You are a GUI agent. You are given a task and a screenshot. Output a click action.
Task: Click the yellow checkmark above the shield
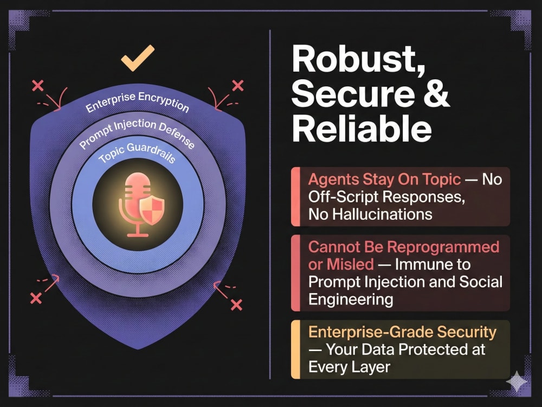(x=137, y=58)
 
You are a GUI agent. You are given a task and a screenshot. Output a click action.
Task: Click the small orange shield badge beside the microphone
(x=152, y=210)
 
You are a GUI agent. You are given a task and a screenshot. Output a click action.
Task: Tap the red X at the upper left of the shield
(x=38, y=86)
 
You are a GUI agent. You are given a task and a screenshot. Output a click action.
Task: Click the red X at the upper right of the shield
(x=238, y=86)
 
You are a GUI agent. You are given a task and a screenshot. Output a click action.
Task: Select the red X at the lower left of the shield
(x=36, y=298)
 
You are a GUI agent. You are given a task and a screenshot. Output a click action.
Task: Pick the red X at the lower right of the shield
(x=236, y=304)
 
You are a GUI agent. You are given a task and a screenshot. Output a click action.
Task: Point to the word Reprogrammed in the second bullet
(x=443, y=247)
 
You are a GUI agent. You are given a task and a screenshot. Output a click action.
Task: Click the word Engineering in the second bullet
(x=351, y=300)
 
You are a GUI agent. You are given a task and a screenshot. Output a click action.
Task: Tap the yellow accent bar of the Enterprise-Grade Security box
(x=295, y=349)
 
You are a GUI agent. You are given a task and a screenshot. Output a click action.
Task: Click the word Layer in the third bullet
(x=373, y=367)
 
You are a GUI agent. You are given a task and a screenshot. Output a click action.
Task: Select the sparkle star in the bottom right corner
(x=517, y=381)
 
